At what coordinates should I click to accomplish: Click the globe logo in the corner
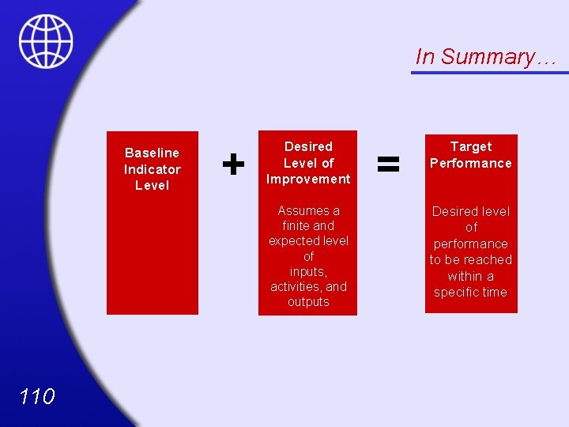[46, 41]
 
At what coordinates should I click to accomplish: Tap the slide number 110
[37, 395]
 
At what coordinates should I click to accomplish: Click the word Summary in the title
[487, 57]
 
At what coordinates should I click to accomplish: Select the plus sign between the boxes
[232, 164]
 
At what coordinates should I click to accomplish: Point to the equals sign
[387, 164]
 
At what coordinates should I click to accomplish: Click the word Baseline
[152, 153]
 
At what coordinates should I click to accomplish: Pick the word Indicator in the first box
[152, 169]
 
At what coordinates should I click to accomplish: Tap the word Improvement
[308, 179]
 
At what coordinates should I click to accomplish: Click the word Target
[471, 146]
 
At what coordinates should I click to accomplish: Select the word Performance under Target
[471, 163]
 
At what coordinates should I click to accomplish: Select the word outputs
[308, 301]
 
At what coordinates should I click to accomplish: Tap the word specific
[455, 292]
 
